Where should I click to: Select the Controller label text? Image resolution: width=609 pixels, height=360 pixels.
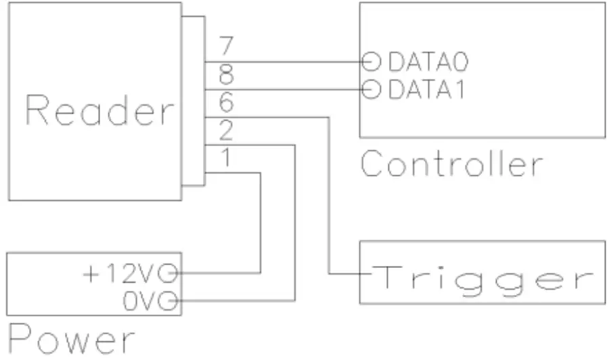(451, 164)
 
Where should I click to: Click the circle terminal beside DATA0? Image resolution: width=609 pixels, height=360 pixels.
(371, 62)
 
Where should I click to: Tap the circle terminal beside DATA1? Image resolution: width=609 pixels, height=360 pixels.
(371, 89)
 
